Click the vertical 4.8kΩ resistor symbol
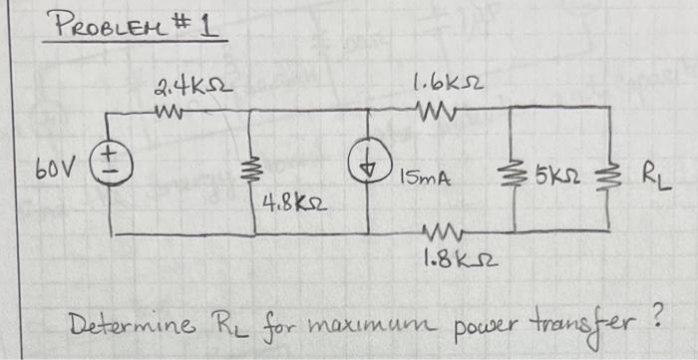[x=247, y=173]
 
